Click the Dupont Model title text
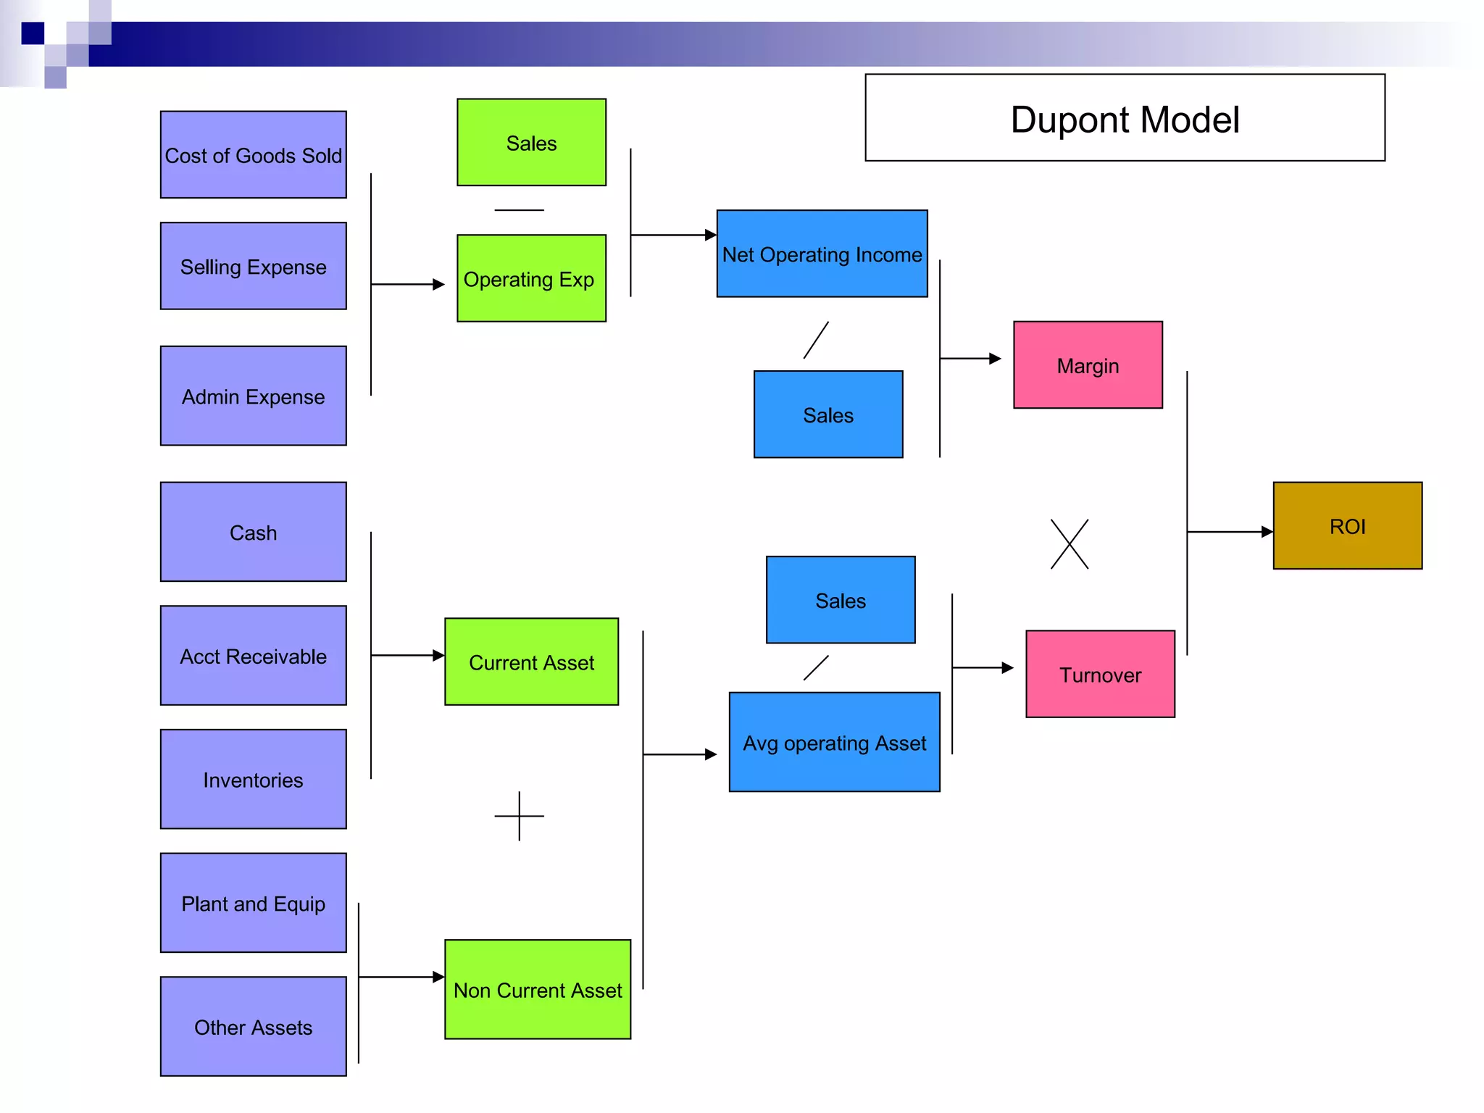coord(1124,120)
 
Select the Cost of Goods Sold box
coord(253,154)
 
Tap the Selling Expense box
coord(253,266)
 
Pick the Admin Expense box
coord(253,396)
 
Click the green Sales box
coord(531,143)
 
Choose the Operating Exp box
coord(531,278)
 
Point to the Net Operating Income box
coord(822,254)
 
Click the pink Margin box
coord(1088,365)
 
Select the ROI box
coord(1347,526)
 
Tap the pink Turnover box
coord(1100,674)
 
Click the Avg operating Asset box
coord(834,742)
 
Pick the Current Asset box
coord(531,662)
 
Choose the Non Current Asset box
coord(538,989)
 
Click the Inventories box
coord(253,779)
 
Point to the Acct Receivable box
coord(253,656)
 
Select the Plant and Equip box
coord(253,903)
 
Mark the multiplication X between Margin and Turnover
coord(1070,544)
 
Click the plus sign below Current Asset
coord(519,816)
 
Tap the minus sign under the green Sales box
coord(519,210)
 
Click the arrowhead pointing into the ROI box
coord(1267,532)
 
